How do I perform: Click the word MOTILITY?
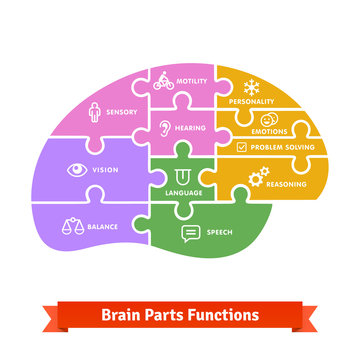pos(192,81)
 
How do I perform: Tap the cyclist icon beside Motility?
pos(164,82)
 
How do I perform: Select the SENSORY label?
pos(121,113)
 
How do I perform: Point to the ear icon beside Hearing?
pos(166,129)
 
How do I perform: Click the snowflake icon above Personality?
pos(252,85)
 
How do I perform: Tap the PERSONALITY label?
pos(252,102)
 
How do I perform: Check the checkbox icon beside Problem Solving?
pos(242,147)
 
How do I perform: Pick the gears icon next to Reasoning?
pos(258,177)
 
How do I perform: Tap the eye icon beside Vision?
pos(75,169)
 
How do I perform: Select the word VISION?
pos(105,170)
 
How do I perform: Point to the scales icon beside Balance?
pos(71,226)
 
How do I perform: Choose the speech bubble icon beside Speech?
pos(191,234)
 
